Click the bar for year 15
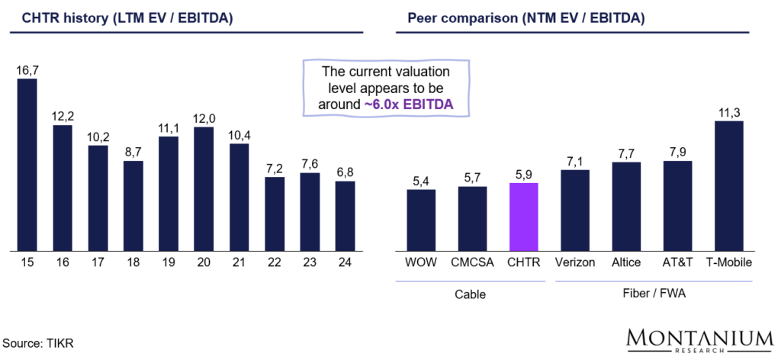(27, 164)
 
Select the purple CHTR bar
(523, 217)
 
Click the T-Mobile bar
(728, 185)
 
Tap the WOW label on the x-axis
(420, 262)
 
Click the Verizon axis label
(575, 262)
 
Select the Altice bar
(626, 206)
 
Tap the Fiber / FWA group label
(652, 294)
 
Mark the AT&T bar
(677, 205)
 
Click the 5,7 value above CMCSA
(472, 178)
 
